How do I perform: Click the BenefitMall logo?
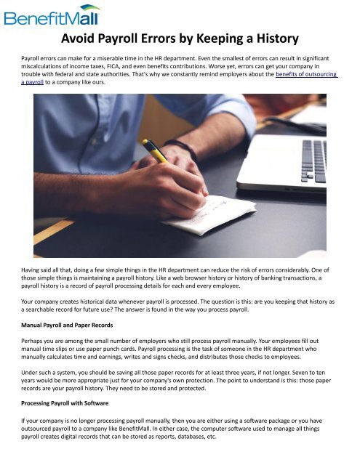pyautogui.click(x=52, y=15)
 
